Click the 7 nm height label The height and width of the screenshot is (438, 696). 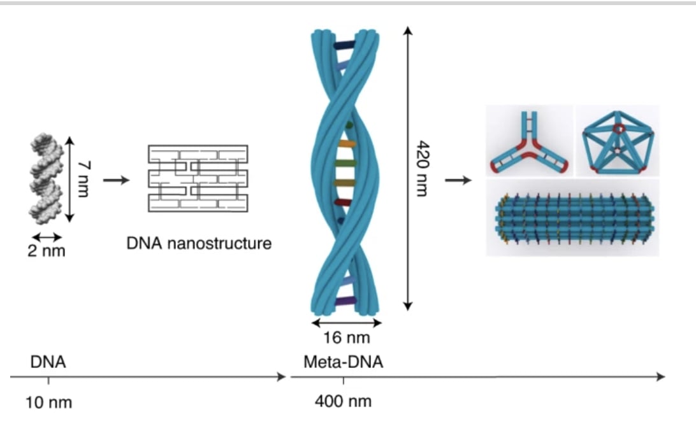click(x=82, y=179)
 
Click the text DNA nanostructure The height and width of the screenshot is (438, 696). click(x=198, y=243)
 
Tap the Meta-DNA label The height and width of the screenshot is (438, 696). click(x=343, y=362)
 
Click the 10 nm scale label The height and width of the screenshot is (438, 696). click(x=48, y=402)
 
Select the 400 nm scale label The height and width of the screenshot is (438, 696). click(x=343, y=402)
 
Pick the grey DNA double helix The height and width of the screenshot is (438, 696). click(x=47, y=181)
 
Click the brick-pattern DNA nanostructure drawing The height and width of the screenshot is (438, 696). click(x=198, y=178)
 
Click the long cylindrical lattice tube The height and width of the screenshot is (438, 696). click(x=572, y=217)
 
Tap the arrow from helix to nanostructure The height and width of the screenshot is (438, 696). click(x=116, y=180)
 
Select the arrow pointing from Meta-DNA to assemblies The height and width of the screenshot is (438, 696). click(x=458, y=180)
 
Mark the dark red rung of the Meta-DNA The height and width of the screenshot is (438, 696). click(x=342, y=202)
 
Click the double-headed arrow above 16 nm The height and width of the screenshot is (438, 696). click(x=346, y=323)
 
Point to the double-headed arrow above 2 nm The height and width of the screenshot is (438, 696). click(x=47, y=237)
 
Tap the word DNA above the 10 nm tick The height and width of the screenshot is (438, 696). click(x=48, y=362)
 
